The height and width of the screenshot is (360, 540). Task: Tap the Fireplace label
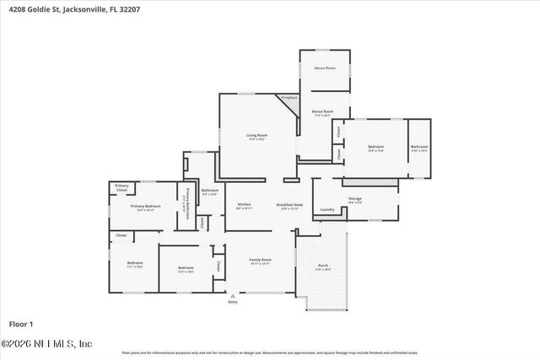point(289,98)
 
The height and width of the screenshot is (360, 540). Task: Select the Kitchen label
point(244,205)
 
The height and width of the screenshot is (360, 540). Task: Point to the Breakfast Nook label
point(289,205)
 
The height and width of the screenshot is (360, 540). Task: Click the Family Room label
point(260,260)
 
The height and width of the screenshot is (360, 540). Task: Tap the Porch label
point(323,266)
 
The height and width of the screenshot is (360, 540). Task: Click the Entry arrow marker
point(233,296)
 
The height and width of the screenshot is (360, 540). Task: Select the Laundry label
point(327,209)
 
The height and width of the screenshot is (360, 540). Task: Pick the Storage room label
point(354,199)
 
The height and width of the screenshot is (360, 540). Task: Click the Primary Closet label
point(122,187)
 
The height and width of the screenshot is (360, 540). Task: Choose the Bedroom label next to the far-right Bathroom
point(375,148)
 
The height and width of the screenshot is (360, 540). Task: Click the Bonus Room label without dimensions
point(325,67)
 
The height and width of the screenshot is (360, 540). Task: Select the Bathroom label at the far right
point(419,148)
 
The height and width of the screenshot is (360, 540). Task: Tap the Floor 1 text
point(20,324)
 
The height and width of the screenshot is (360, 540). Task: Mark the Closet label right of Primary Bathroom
point(202,223)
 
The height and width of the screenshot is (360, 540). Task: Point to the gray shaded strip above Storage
point(369,182)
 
